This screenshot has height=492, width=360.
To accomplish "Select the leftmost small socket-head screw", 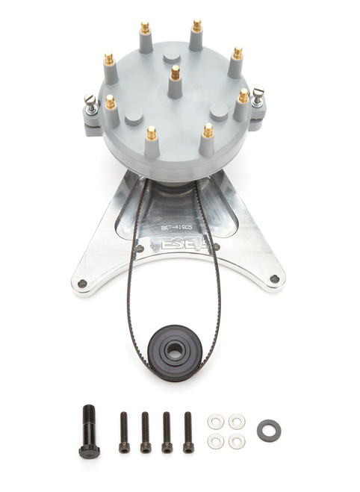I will pyautogui.click(x=124, y=433).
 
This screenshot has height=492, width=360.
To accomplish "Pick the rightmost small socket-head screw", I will pyautogui.click(x=188, y=432).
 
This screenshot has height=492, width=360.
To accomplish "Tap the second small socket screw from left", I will pyautogui.click(x=146, y=433).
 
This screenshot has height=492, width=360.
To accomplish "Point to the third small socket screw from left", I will pyautogui.click(x=167, y=433).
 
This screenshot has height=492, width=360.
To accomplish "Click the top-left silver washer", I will pyautogui.click(x=215, y=422).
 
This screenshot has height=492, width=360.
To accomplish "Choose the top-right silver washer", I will pyautogui.click(x=236, y=422).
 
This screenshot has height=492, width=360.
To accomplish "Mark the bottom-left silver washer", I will pyautogui.click(x=215, y=442).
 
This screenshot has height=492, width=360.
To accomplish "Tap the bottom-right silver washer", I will pyautogui.click(x=236, y=442).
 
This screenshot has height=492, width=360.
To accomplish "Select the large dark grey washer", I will pyautogui.click(x=267, y=431).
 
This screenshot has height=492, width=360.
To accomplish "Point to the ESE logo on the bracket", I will pyautogui.click(x=179, y=244).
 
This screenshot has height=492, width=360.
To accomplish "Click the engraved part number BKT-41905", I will pyautogui.click(x=179, y=222).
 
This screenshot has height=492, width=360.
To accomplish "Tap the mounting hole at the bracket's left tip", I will pyautogui.click(x=82, y=283).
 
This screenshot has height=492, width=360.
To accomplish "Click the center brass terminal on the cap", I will pyautogui.click(x=176, y=72).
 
